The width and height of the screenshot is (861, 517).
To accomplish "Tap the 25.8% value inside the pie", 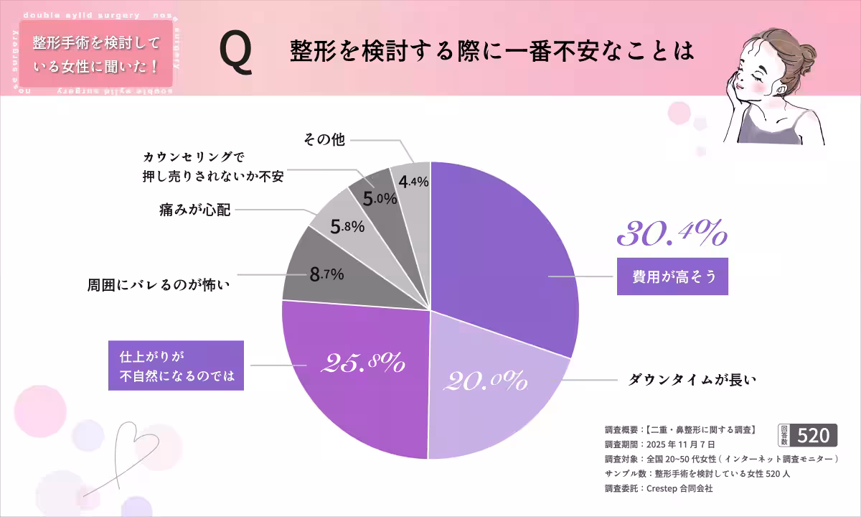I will pyautogui.click(x=362, y=363).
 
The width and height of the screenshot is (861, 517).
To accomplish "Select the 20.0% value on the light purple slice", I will pyautogui.click(x=486, y=380).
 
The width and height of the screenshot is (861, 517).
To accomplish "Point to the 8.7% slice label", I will pyautogui.click(x=326, y=274).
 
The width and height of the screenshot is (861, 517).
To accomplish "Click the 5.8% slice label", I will pyautogui.click(x=347, y=227).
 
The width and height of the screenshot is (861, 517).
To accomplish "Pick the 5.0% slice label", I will pyautogui.click(x=380, y=198).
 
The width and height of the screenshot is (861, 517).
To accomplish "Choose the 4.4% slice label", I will pyautogui.click(x=413, y=182).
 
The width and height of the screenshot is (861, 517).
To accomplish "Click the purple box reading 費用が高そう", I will pyautogui.click(x=672, y=276).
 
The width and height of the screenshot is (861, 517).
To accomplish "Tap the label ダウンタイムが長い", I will pyautogui.click(x=692, y=380).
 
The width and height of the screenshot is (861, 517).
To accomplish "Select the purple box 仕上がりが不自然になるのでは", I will pyautogui.click(x=176, y=365).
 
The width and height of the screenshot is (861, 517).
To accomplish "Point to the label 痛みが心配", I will pyautogui.click(x=195, y=211).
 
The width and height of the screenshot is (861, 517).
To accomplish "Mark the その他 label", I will pyautogui.click(x=324, y=141).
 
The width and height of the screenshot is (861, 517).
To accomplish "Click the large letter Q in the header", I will pyautogui.click(x=236, y=54).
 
